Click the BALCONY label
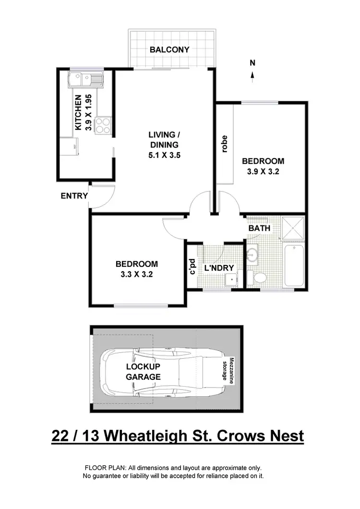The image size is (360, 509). click(x=169, y=49)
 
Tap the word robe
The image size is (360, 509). click(x=224, y=145)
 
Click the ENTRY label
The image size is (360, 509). click(x=74, y=196)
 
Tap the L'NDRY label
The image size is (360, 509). click(x=219, y=268)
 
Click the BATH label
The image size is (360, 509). click(x=259, y=229)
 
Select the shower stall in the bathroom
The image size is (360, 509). click(x=292, y=227)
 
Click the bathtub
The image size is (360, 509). click(x=293, y=266)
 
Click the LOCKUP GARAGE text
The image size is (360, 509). click(x=143, y=372)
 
